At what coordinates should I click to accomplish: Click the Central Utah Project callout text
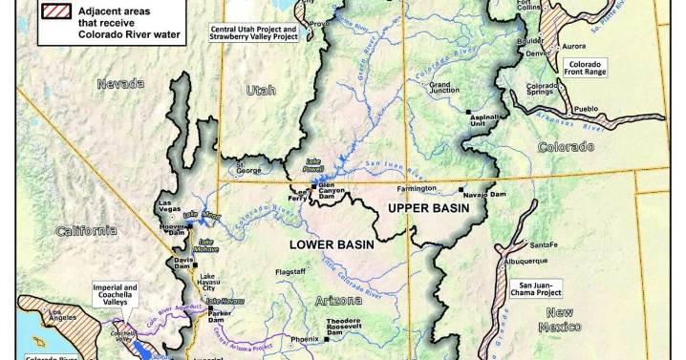(253, 33)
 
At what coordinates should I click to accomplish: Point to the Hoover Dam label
(173, 228)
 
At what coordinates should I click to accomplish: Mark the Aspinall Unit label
(485, 119)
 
